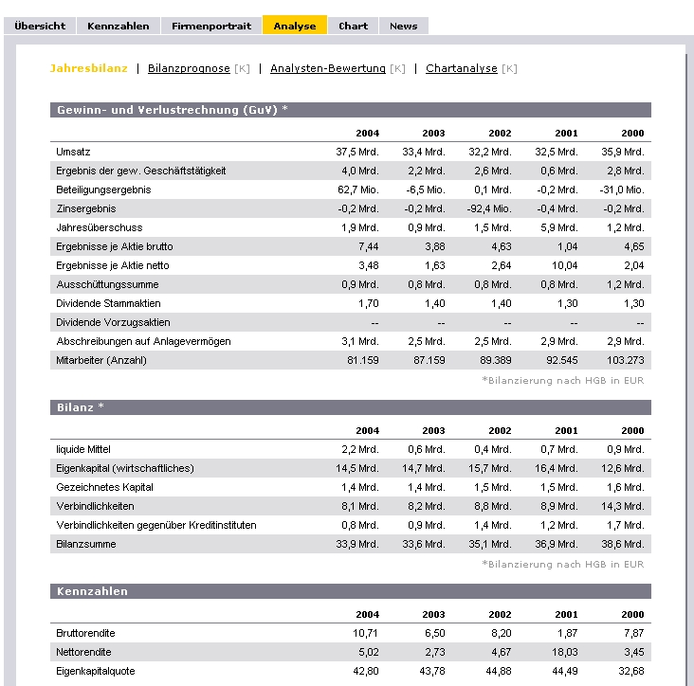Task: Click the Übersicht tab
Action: coord(40,26)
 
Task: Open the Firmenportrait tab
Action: coord(211,26)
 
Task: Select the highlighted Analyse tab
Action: coord(294,26)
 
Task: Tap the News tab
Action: coord(403,26)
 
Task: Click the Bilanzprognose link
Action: coord(189,68)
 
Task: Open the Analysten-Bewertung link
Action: coord(328,68)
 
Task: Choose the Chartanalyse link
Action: coord(462,68)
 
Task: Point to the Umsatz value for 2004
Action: coord(357,152)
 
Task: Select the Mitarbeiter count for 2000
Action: coord(625,360)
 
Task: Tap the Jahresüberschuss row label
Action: coord(93,227)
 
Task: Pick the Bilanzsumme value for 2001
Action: coord(557,544)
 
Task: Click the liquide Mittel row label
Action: coord(84,449)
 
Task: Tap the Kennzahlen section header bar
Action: coord(350,591)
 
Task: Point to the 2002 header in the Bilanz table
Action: coord(500,430)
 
